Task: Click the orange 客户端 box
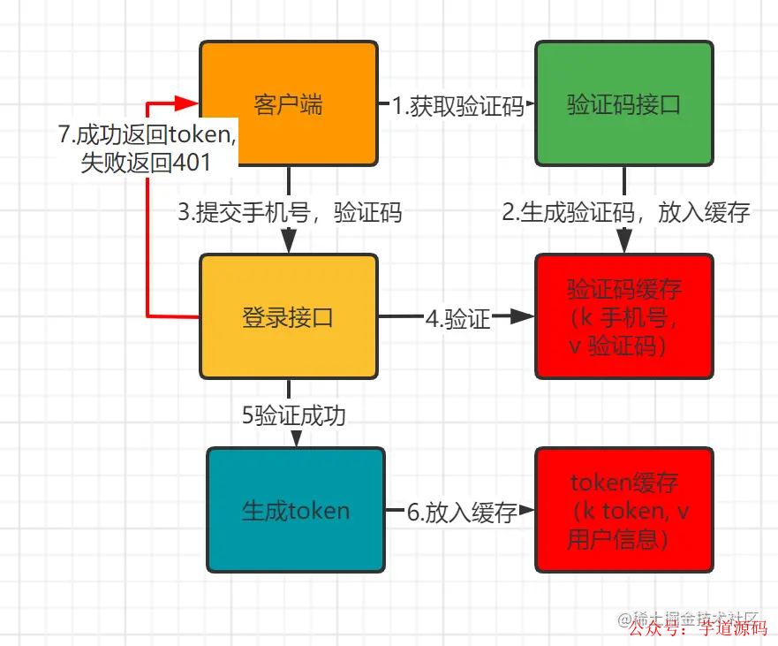coord(289,104)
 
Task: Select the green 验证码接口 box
coord(624,104)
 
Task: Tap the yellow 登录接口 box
coord(289,317)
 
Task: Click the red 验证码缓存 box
coord(624,316)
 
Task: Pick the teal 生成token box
coord(296,510)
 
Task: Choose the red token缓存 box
coord(624,510)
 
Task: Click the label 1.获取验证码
coord(457,106)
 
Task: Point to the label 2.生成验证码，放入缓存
coord(626,212)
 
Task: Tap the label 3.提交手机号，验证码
coord(290,212)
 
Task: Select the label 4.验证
coord(457,318)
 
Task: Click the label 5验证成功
coord(292,414)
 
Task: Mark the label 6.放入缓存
coord(461,512)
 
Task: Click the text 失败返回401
coord(146,163)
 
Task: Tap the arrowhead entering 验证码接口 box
coord(530,106)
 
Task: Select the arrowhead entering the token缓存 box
coord(529,511)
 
